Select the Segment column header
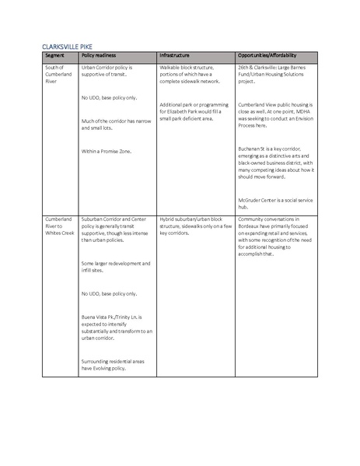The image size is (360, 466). click(54, 57)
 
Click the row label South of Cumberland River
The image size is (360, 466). click(57, 74)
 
